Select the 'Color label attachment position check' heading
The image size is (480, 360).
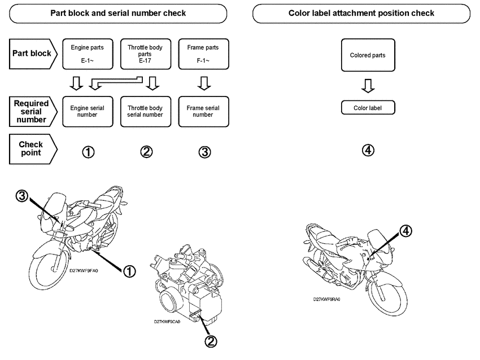click(361, 13)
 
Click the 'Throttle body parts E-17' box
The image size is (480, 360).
click(145, 54)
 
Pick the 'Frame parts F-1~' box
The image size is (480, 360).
click(202, 54)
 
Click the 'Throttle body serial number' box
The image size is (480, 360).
click(145, 111)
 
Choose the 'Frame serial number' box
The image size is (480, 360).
click(202, 111)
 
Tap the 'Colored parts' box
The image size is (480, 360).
click(368, 55)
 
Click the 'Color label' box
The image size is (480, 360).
click(368, 107)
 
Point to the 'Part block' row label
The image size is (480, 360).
click(32, 54)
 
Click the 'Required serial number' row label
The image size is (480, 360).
click(32, 111)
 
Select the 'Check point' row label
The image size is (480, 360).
click(32, 149)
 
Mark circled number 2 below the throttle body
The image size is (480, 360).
click(210, 341)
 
